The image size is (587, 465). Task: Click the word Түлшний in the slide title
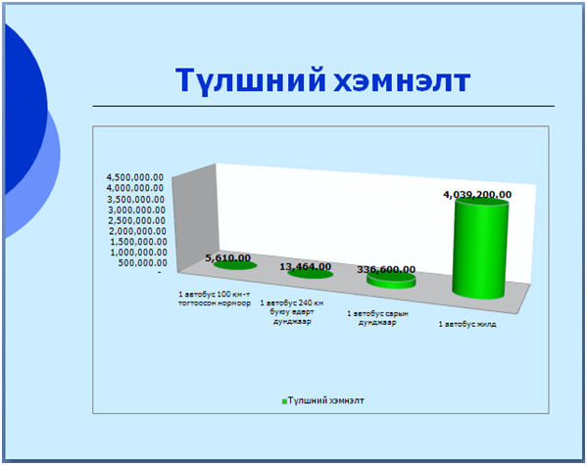click(x=251, y=81)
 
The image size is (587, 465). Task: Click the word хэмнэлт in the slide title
click(x=402, y=81)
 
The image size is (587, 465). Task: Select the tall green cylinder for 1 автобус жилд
click(x=481, y=249)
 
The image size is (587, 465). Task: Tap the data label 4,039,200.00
click(x=477, y=195)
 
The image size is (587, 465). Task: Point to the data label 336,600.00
click(x=386, y=270)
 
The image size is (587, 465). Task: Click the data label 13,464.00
click(x=306, y=266)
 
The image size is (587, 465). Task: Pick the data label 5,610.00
click(x=228, y=258)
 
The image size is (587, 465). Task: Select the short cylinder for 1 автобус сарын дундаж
click(x=391, y=281)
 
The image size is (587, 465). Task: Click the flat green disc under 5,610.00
click(x=235, y=265)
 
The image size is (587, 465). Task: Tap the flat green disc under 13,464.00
click(x=311, y=274)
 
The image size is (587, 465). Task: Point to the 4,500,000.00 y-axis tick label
click(x=135, y=177)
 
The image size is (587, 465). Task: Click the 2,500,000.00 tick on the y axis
click(x=137, y=220)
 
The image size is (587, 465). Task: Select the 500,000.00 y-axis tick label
click(x=143, y=263)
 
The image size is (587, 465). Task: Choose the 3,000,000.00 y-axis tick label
click(x=136, y=209)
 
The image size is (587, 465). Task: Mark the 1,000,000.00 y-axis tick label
click(x=138, y=253)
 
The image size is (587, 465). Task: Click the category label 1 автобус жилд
click(x=467, y=324)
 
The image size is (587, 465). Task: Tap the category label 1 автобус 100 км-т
click(x=215, y=295)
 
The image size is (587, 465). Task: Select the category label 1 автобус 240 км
click(x=292, y=302)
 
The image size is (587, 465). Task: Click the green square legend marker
click(x=284, y=401)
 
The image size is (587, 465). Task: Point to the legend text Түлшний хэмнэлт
click(x=326, y=400)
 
